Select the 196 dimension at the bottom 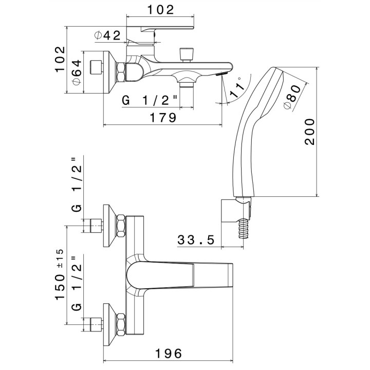tap(168, 354)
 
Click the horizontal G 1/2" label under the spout tap(150, 100)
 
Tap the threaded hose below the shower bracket tap(242, 229)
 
